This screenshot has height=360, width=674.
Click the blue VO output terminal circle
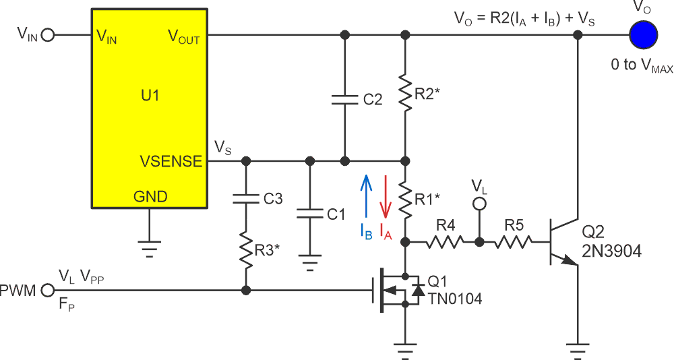(x=643, y=34)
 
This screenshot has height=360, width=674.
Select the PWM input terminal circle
(x=47, y=291)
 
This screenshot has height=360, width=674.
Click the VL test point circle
(x=479, y=204)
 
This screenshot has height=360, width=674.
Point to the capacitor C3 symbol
(x=246, y=199)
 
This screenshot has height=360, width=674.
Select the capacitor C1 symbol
(x=310, y=214)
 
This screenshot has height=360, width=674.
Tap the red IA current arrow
(x=385, y=196)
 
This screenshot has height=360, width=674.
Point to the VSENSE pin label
(x=171, y=161)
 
